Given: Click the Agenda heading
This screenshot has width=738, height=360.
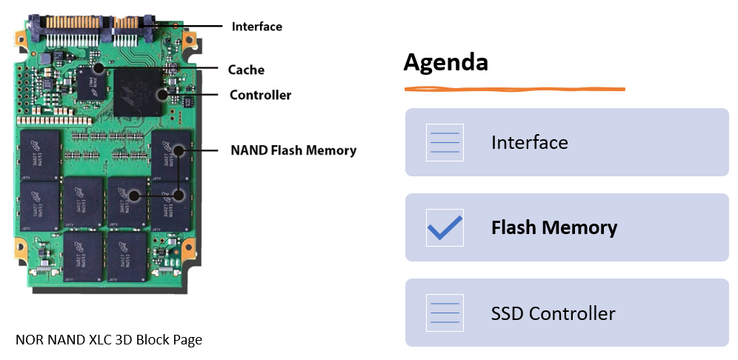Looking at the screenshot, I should (x=445, y=63).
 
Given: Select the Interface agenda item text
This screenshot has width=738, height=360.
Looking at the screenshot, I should (x=529, y=142).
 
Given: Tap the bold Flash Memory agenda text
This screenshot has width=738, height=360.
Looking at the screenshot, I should (x=553, y=227).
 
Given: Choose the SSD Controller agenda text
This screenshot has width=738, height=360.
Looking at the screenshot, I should (x=553, y=313).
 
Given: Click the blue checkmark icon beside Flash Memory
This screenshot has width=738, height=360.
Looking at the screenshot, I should (x=445, y=227).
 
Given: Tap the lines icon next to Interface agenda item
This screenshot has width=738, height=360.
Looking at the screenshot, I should (x=445, y=142).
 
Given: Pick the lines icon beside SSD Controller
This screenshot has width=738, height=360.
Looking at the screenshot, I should (x=445, y=313).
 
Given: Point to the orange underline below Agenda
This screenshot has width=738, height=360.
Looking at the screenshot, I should (x=514, y=90).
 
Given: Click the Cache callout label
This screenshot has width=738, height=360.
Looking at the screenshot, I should (x=246, y=70).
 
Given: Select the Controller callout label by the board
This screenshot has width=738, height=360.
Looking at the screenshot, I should (x=260, y=95).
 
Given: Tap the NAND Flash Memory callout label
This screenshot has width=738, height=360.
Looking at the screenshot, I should (x=293, y=150).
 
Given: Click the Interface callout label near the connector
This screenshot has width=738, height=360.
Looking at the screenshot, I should (x=256, y=27).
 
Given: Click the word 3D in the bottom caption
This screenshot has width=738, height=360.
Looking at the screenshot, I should (x=123, y=340).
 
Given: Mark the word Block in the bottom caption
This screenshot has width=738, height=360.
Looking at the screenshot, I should (x=153, y=340).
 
